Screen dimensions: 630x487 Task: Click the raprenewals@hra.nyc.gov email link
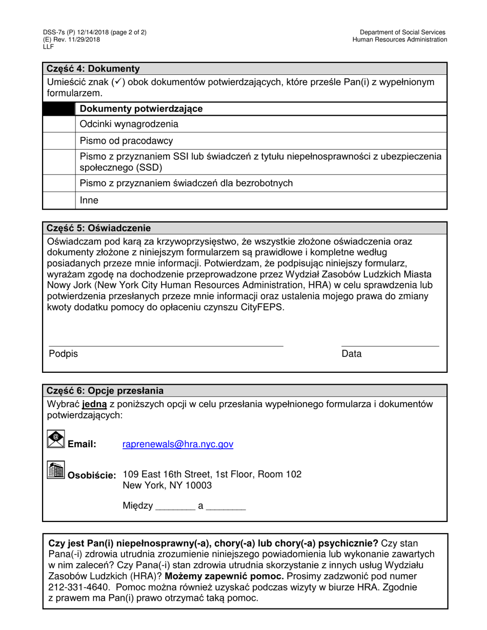[178, 445]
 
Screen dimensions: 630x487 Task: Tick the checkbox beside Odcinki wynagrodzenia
[59, 124]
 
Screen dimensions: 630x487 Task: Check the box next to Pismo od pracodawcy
[59, 141]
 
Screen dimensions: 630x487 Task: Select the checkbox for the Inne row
[59, 201]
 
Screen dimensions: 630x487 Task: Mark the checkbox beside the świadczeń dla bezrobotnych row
[59, 183]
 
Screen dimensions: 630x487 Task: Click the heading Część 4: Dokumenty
[93, 69]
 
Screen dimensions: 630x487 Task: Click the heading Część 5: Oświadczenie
[98, 228]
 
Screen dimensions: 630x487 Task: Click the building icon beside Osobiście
[55, 470]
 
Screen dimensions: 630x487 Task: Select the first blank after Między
[175, 507]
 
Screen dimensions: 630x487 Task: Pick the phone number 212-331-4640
[72, 587]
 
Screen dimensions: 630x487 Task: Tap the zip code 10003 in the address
[200, 486]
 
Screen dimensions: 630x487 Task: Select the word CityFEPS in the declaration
[261, 308]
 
